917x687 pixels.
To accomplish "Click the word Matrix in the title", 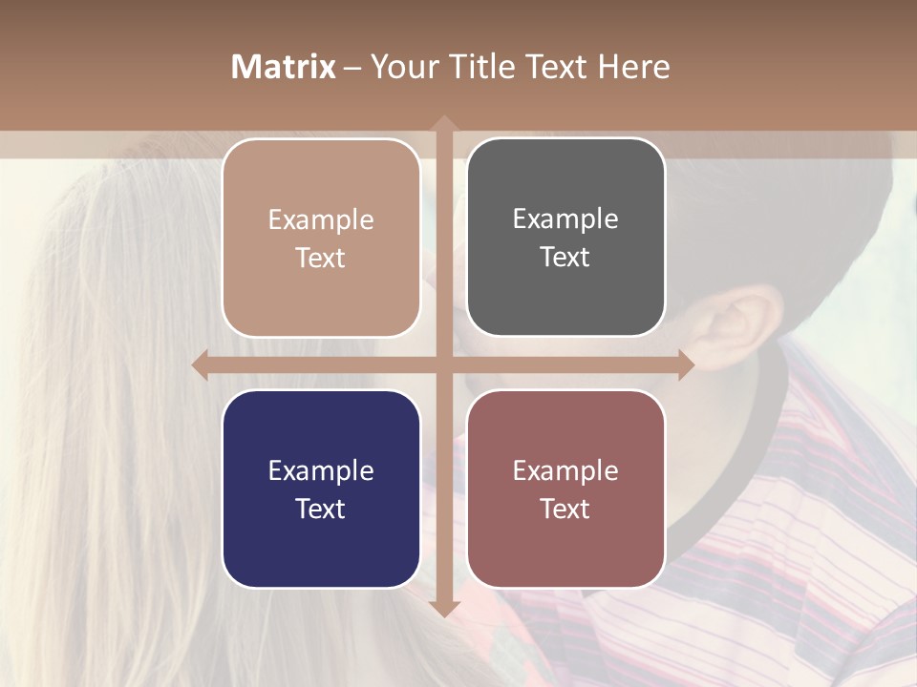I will pos(283,67).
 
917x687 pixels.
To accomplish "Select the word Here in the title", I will pos(633,67).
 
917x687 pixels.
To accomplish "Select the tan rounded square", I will pos(321,238).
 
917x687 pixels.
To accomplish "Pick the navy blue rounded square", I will pos(321,489).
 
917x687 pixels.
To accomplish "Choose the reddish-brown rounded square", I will pos(565,489).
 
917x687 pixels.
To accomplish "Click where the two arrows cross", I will pos(443,364).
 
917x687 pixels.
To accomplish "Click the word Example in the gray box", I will pos(565,219).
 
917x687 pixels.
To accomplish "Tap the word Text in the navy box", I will pos(321,509).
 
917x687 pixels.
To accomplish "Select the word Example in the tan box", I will pos(321,219).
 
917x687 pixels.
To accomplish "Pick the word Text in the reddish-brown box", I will pos(565,509).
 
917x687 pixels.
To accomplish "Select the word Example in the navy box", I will pos(321,470).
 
